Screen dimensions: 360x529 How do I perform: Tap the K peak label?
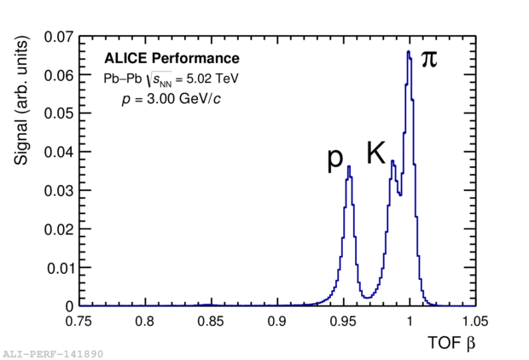pos(376,154)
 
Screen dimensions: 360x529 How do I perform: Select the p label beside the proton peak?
pos(335,160)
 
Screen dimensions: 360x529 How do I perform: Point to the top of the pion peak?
pos(409,52)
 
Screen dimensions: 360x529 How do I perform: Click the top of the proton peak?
pos(349,166)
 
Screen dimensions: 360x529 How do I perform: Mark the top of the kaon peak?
pos(392,161)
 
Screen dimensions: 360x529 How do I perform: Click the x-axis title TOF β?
pos(451,344)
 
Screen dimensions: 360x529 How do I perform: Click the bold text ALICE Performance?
pos(171,59)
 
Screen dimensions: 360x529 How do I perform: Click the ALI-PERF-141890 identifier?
pos(53,352)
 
